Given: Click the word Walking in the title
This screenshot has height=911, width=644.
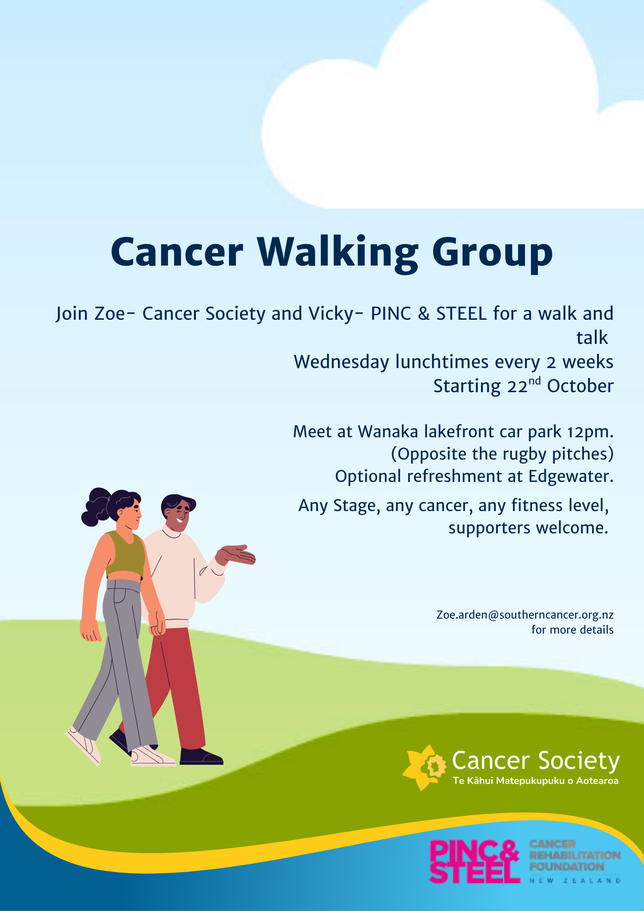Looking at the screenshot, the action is point(337,253).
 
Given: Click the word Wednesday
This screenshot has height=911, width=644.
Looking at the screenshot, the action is point(342,362).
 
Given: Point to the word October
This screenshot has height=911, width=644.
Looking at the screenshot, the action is point(580,386).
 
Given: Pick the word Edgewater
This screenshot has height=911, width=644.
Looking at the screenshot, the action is point(571,477).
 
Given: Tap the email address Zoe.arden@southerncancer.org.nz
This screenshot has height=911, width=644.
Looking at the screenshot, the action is point(525,615).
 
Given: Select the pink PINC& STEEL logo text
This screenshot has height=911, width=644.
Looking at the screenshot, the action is point(475,861).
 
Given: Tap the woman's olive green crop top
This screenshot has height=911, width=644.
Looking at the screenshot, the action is point(125,554).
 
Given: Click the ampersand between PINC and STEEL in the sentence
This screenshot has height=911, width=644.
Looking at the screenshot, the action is point(424,314).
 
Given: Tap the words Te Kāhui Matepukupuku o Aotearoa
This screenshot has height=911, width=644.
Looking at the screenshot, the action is point(536,781).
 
